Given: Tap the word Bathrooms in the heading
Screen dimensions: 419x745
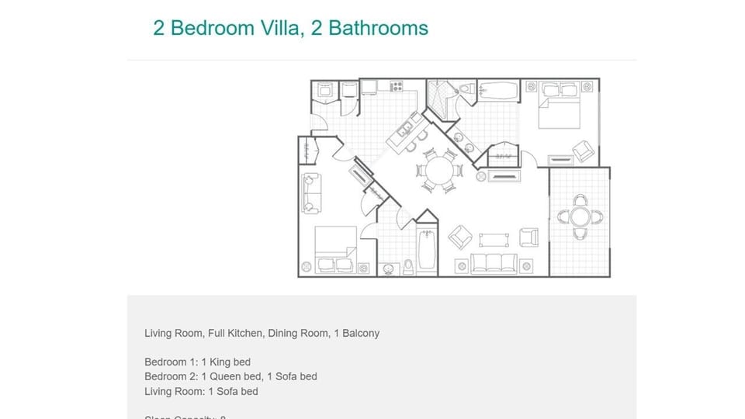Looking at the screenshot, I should [379, 28].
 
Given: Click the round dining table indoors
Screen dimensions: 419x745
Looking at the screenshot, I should [439, 170].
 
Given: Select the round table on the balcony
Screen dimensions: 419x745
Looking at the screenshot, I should [580, 216].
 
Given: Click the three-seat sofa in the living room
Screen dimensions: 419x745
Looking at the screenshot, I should [494, 263].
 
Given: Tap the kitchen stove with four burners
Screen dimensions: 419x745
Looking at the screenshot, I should [397, 86].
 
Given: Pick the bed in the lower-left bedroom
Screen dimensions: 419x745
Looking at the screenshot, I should [335, 248].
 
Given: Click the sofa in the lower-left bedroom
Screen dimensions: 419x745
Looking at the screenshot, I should [310, 193].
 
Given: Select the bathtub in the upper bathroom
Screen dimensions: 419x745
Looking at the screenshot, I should [497, 90].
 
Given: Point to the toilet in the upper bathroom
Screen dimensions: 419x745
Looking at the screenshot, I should [466, 90].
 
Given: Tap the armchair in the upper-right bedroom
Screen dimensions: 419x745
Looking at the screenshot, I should [582, 150].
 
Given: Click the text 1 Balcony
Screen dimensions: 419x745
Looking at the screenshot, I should [355, 333].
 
